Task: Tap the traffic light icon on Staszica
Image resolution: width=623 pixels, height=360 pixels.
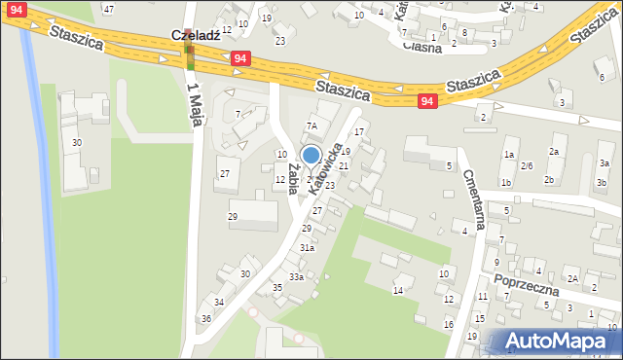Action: (191, 58)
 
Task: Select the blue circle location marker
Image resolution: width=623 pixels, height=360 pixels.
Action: (311, 155)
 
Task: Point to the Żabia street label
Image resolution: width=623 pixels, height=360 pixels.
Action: (292, 178)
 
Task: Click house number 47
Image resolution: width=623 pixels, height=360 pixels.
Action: (108, 9)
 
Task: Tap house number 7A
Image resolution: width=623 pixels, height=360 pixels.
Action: (312, 126)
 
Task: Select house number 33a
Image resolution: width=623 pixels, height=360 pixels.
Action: (295, 277)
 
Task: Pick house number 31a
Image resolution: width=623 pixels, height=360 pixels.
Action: (307, 248)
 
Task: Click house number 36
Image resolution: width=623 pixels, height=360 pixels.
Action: (205, 319)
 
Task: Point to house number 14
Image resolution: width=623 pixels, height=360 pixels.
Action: (397, 290)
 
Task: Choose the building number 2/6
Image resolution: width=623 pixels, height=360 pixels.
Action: (527, 165)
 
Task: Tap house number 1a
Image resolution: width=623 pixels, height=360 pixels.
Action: (508, 155)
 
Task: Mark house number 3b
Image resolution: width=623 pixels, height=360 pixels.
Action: (602, 182)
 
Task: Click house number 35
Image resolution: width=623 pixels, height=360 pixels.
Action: (277, 287)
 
